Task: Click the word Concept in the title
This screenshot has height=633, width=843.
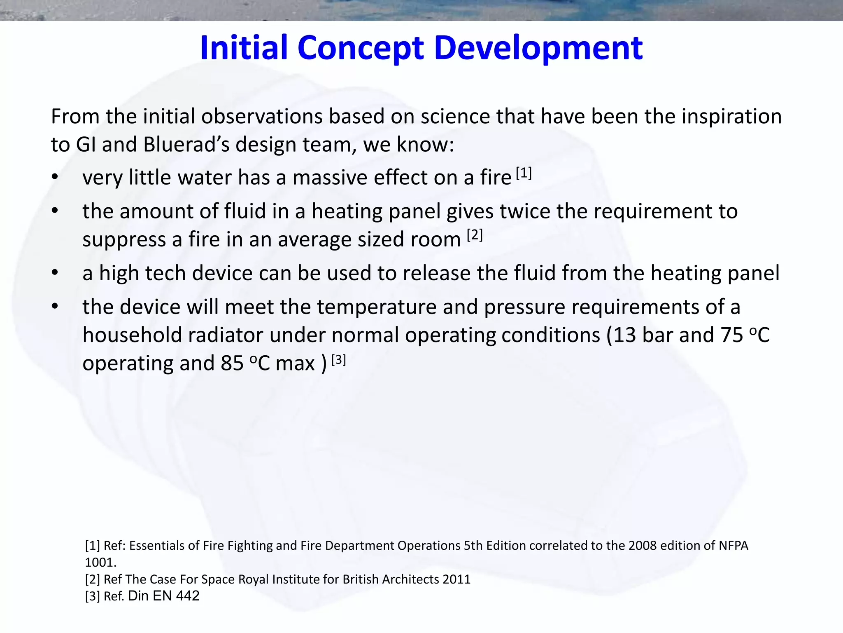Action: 360,49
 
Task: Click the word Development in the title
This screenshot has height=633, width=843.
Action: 538,49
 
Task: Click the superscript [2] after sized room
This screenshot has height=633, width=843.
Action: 475,235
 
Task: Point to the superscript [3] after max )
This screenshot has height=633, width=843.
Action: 338,360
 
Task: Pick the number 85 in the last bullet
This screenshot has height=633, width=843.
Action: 232,363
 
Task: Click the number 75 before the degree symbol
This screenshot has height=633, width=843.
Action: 731,335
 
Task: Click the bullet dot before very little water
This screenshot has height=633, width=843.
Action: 55,178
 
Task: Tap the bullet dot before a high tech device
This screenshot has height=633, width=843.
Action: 55,273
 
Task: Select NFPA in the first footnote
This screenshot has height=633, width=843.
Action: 733,546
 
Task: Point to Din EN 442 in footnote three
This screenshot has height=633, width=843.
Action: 164,596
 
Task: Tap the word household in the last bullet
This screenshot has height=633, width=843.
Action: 132,335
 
